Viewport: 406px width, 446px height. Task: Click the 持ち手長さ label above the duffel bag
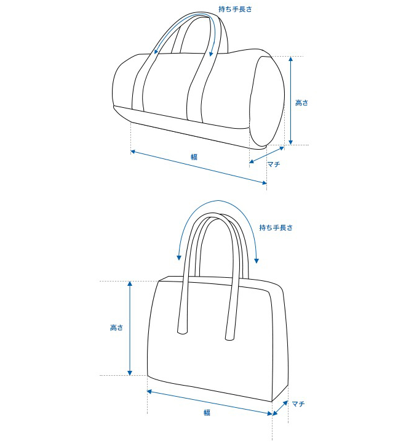pyautogui.click(x=235, y=9)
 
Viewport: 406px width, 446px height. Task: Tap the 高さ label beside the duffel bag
pyautogui.click(x=301, y=103)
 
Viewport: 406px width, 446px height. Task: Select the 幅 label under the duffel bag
pyautogui.click(x=194, y=157)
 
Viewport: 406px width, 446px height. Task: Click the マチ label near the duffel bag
pyautogui.click(x=274, y=164)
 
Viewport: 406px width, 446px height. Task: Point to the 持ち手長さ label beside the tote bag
pyautogui.click(x=276, y=227)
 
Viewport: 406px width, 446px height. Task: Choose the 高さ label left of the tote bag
pyautogui.click(x=116, y=328)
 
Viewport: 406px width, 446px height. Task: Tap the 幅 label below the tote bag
pyautogui.click(x=207, y=413)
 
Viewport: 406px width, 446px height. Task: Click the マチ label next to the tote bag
pyautogui.click(x=298, y=403)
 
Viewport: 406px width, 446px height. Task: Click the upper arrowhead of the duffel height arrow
pyautogui.click(x=290, y=59)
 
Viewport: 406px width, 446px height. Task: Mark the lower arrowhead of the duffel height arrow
pyautogui.click(x=290, y=142)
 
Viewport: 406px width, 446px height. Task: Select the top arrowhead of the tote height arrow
pyautogui.click(x=130, y=284)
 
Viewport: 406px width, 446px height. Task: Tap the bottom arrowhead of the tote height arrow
pyautogui.click(x=130, y=373)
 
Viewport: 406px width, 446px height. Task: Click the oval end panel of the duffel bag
pyautogui.click(x=267, y=101)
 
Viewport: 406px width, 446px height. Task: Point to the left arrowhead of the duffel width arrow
pyautogui.click(x=133, y=152)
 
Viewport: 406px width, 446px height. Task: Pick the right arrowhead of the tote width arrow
pyautogui.click(x=269, y=413)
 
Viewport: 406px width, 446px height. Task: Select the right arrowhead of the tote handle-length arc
pyautogui.click(x=257, y=261)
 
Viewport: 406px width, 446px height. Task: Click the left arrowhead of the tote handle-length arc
pyautogui.click(x=179, y=257)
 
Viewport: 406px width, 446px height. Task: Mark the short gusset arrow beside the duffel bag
pyautogui.click(x=267, y=155)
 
